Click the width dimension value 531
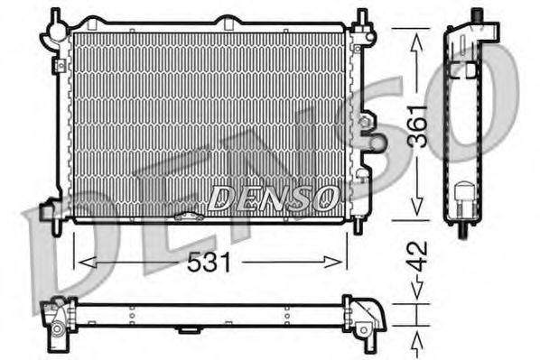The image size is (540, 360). pyautogui.click(x=209, y=263)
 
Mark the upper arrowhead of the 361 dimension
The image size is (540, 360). pyautogui.click(x=415, y=35)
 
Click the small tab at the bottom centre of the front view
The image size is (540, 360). pyautogui.click(x=192, y=217)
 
